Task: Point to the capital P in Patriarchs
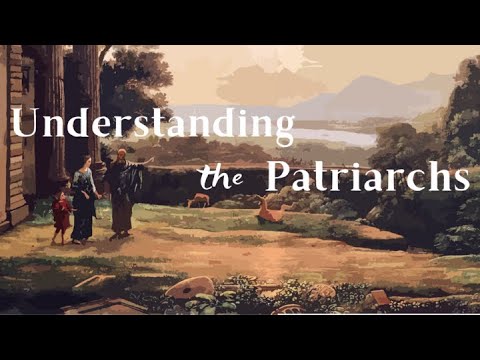tap(279, 177)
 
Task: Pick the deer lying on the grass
tap(268, 209)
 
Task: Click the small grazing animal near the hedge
tap(200, 200)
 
